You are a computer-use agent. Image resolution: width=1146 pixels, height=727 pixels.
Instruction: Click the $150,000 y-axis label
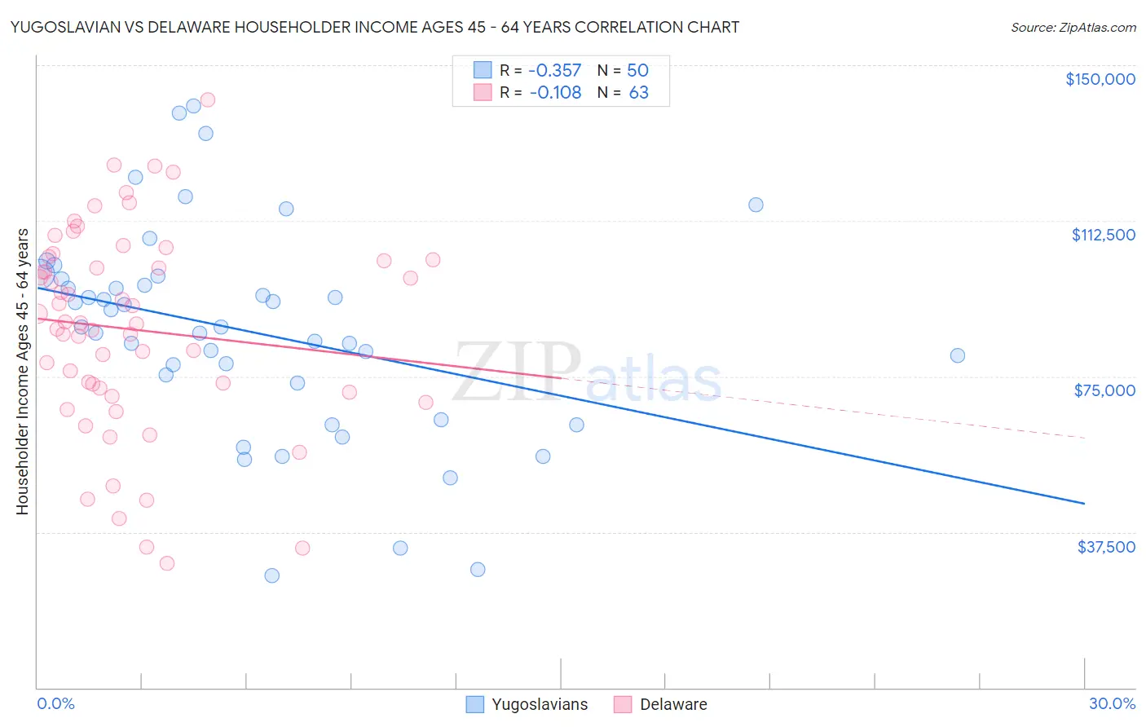pos(1100,79)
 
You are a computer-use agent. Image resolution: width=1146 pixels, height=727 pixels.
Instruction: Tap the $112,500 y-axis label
pos(1103,235)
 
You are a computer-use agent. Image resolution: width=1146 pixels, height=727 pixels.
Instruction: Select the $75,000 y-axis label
pos(1104,390)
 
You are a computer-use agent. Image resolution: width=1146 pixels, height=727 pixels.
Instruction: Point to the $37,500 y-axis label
pos(1106,547)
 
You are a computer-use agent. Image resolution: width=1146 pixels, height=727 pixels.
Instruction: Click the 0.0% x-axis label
pos(55,703)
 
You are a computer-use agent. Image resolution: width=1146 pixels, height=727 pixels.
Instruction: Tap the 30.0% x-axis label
pos(1112,703)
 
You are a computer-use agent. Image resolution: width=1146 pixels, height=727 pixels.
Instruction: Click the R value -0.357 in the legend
pos(555,70)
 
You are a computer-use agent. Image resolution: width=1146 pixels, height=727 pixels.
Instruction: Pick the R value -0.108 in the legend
pos(555,92)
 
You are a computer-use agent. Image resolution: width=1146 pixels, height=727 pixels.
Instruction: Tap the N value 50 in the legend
pos(637,70)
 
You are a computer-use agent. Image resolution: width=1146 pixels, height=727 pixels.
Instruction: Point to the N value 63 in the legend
pos(638,92)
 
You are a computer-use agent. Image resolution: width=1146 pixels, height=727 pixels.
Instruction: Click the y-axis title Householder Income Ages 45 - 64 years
pos(22,372)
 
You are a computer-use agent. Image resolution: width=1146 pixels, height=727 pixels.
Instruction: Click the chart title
pos(375,27)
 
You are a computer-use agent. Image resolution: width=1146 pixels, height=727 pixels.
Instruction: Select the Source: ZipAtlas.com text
pos(1073,27)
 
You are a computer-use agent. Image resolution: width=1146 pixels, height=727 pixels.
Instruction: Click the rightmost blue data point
pos(957,355)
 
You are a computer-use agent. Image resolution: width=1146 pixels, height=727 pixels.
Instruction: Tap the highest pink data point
pos(207,99)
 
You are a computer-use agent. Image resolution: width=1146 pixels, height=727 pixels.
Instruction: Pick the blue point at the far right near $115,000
pos(756,205)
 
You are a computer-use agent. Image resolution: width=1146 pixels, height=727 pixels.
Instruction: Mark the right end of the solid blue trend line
pos(1084,504)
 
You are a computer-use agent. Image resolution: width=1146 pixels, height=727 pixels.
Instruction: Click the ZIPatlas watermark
pos(587,373)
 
